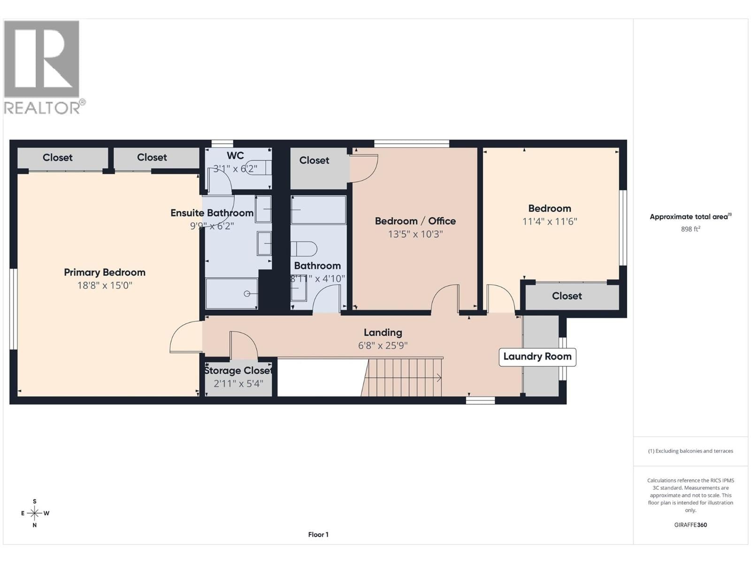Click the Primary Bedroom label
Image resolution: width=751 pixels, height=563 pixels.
[x=104, y=272]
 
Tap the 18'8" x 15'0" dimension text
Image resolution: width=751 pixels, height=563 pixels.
[x=104, y=285]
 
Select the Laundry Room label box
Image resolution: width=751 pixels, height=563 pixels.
[x=537, y=357]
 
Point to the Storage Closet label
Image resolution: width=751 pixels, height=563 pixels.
[x=238, y=371]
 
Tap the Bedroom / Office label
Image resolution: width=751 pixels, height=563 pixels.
[x=415, y=221]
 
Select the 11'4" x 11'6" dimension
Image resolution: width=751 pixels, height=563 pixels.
[x=549, y=221]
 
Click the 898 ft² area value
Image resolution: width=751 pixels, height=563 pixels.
[x=690, y=229]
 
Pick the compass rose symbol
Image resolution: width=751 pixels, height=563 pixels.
[x=35, y=513]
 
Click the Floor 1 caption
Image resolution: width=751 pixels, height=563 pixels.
[x=318, y=534]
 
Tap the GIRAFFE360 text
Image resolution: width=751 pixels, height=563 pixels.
[x=690, y=525]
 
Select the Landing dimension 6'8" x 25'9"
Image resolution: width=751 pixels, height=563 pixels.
[x=383, y=346]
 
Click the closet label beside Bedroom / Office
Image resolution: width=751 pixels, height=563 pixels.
[x=314, y=160]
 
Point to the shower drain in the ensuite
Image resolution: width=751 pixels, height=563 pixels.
[x=247, y=294]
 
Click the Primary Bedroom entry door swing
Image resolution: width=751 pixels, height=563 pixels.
[x=185, y=337]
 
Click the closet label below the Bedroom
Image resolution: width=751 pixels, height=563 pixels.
[x=567, y=296]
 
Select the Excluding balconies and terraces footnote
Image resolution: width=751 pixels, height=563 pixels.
[x=690, y=451]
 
